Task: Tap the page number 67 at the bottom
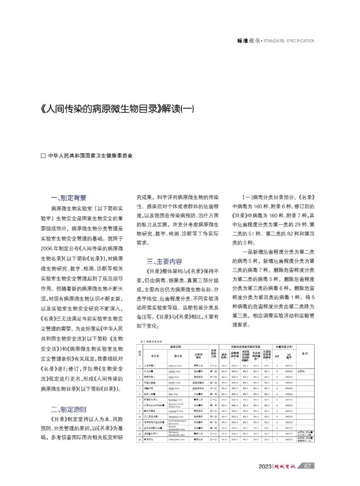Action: pos(308,466)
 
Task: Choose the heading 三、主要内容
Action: pos(164,261)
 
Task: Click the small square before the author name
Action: pos(44,156)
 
